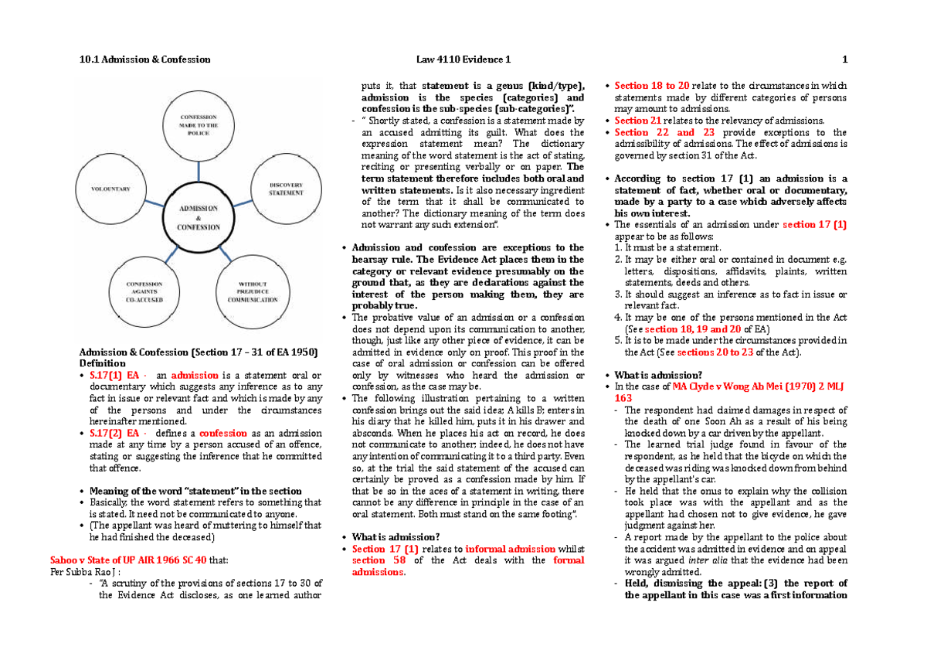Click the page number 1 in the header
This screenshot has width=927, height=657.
tap(845, 60)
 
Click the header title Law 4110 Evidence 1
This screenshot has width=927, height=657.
tap(462, 60)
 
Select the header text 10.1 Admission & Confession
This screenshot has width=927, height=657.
tap(144, 60)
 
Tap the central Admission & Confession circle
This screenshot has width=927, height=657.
tap(199, 217)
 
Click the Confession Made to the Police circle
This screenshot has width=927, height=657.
tap(199, 124)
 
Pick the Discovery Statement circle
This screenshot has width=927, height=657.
tap(286, 188)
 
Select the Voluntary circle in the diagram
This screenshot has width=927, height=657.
tap(110, 188)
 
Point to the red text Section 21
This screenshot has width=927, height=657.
tap(637, 121)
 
